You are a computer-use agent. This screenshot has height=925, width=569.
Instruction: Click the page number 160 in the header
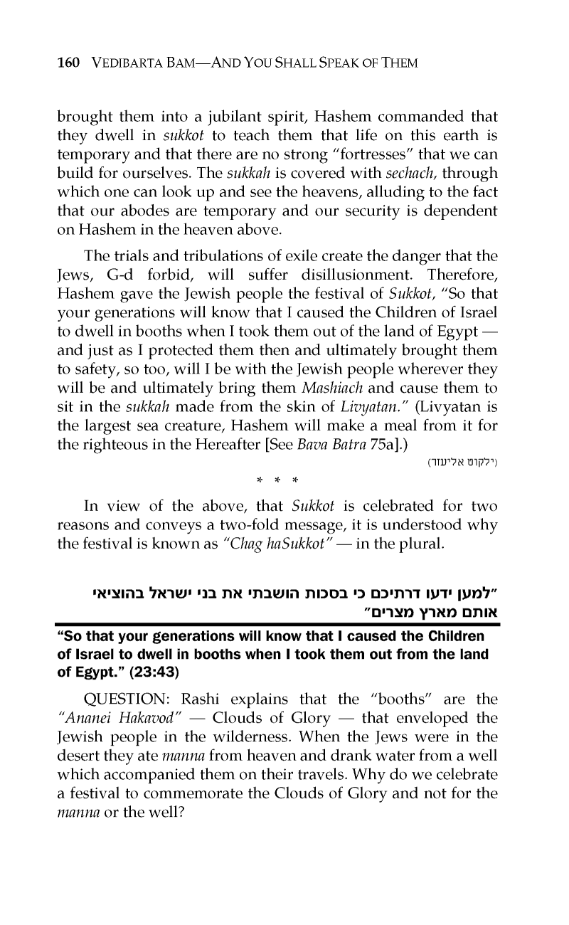pyautogui.click(x=69, y=63)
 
